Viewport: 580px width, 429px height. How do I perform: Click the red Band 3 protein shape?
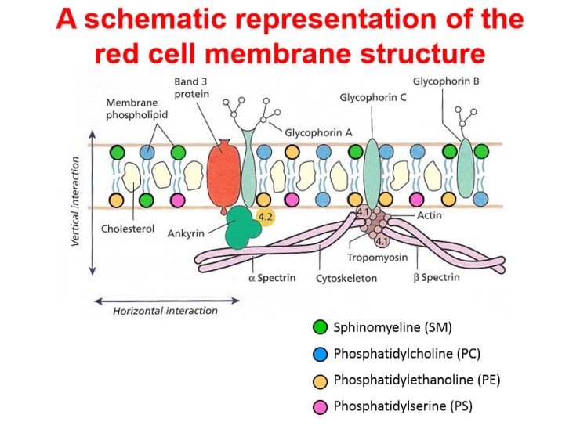pyautogui.click(x=223, y=175)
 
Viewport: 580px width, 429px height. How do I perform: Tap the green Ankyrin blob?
pyautogui.click(x=242, y=227)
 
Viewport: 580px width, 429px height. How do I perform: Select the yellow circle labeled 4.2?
pyautogui.click(x=265, y=218)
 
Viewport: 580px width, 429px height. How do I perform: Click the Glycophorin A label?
pyautogui.click(x=318, y=132)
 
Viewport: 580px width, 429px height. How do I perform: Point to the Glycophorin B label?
pyautogui.click(x=446, y=81)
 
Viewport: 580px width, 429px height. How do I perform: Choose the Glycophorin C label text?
pyautogui.click(x=373, y=98)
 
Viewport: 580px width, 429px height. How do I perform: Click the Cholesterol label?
pyautogui.click(x=128, y=229)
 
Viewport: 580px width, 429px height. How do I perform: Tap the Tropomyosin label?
pyautogui.click(x=377, y=258)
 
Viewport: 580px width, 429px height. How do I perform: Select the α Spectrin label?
pyautogui.click(x=272, y=277)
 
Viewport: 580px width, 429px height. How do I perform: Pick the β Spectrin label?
pyautogui.click(x=437, y=277)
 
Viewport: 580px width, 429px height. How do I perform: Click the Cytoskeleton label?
pyautogui.click(x=346, y=278)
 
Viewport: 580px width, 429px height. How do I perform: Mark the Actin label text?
pyautogui.click(x=430, y=215)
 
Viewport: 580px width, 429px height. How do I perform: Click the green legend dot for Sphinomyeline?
pyautogui.click(x=320, y=327)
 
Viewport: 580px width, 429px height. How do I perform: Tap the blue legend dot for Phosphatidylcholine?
pyautogui.click(x=320, y=354)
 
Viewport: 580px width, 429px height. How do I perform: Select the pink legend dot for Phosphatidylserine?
pyautogui.click(x=320, y=407)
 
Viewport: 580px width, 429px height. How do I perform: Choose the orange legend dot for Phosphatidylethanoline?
pyautogui.click(x=320, y=381)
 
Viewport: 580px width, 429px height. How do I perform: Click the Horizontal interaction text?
pyautogui.click(x=165, y=311)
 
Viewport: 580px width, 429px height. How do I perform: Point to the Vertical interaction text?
pyautogui.click(x=75, y=201)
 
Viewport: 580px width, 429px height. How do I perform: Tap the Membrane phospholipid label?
pyautogui.click(x=136, y=109)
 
